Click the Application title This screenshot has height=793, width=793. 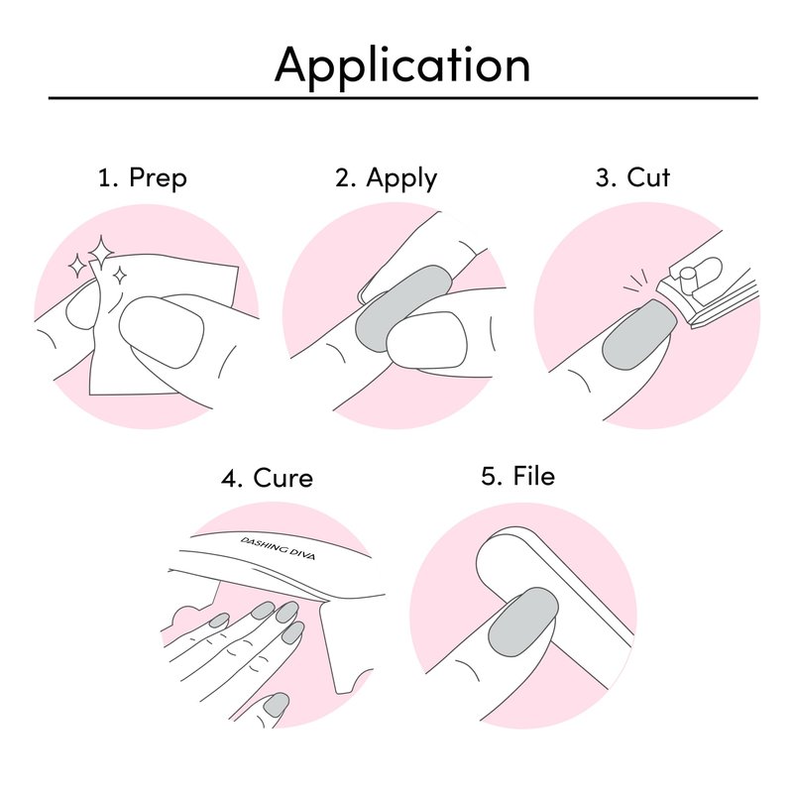click(x=402, y=65)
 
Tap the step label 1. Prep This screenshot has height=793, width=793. click(x=143, y=178)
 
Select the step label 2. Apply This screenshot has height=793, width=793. click(x=386, y=178)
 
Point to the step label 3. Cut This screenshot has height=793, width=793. click(x=632, y=177)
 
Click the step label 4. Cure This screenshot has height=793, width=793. click(x=267, y=478)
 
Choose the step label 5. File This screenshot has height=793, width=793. click(x=517, y=476)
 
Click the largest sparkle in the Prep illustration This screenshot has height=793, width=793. click(x=101, y=253)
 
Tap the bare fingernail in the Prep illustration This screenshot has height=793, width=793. click(x=162, y=331)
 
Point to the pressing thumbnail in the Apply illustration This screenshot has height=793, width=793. click(x=426, y=340)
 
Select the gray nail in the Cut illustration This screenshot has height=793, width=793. click(x=639, y=335)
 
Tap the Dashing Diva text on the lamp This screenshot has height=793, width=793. click(x=278, y=549)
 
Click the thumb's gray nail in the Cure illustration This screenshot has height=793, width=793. click(x=277, y=704)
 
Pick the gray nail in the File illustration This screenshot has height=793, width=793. click(x=523, y=622)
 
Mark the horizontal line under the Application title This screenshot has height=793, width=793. click(x=403, y=97)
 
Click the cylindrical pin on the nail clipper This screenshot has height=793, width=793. click(x=688, y=280)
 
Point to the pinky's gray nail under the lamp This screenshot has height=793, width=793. click(x=219, y=621)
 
